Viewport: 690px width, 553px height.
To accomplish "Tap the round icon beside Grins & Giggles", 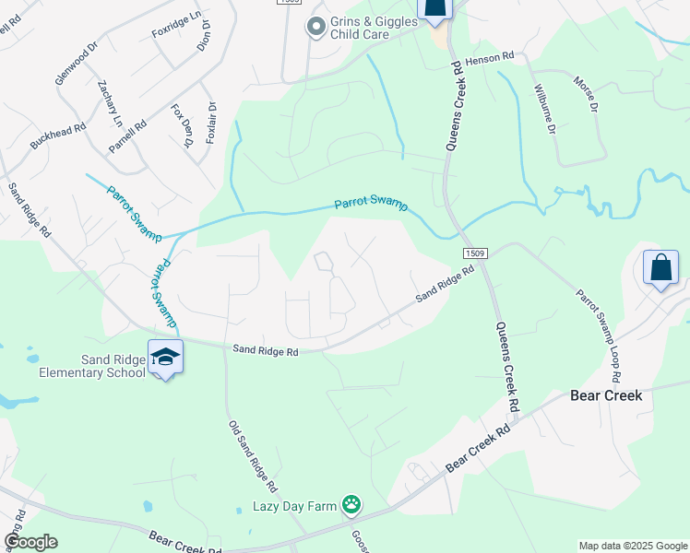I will click(x=316, y=27).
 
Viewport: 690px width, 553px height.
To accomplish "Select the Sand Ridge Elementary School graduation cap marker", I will click(x=165, y=358).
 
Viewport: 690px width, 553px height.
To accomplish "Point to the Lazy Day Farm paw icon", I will click(x=351, y=504).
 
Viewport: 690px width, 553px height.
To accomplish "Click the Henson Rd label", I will click(x=488, y=58).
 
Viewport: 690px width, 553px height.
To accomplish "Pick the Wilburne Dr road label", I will click(x=545, y=110).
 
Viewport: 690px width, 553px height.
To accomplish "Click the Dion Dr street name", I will click(x=205, y=36).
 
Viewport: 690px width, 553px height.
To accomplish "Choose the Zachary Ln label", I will click(x=109, y=102).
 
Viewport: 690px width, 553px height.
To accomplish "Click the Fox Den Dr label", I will click(x=182, y=125).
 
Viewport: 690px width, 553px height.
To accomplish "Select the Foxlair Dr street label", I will click(x=212, y=120).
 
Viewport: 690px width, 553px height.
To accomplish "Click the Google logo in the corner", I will click(x=30, y=542).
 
